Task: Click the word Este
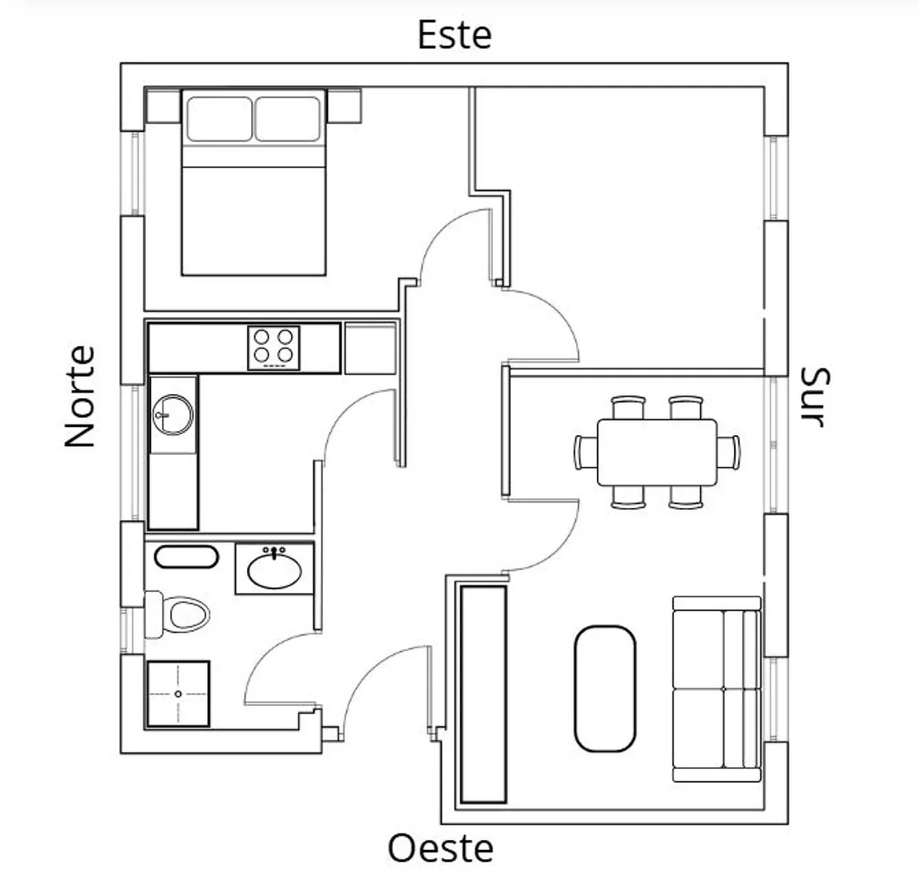click(x=454, y=35)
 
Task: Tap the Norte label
click(x=80, y=396)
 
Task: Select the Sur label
click(x=815, y=397)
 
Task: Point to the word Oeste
click(x=440, y=847)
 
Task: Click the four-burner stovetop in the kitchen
click(x=273, y=348)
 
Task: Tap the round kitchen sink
click(x=173, y=415)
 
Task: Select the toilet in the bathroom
click(x=177, y=614)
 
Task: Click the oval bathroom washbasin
click(x=275, y=570)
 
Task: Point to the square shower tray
click(x=178, y=694)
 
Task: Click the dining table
click(x=657, y=452)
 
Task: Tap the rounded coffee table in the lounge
click(x=605, y=689)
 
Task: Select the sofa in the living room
click(x=717, y=689)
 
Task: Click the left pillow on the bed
click(x=220, y=119)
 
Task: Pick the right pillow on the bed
click(x=288, y=119)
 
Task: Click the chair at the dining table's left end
click(x=585, y=452)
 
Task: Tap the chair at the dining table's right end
click(x=728, y=452)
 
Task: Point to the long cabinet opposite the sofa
click(x=484, y=694)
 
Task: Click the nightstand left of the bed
click(x=163, y=106)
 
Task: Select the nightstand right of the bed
click(x=344, y=106)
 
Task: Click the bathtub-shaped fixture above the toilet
click(x=187, y=557)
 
